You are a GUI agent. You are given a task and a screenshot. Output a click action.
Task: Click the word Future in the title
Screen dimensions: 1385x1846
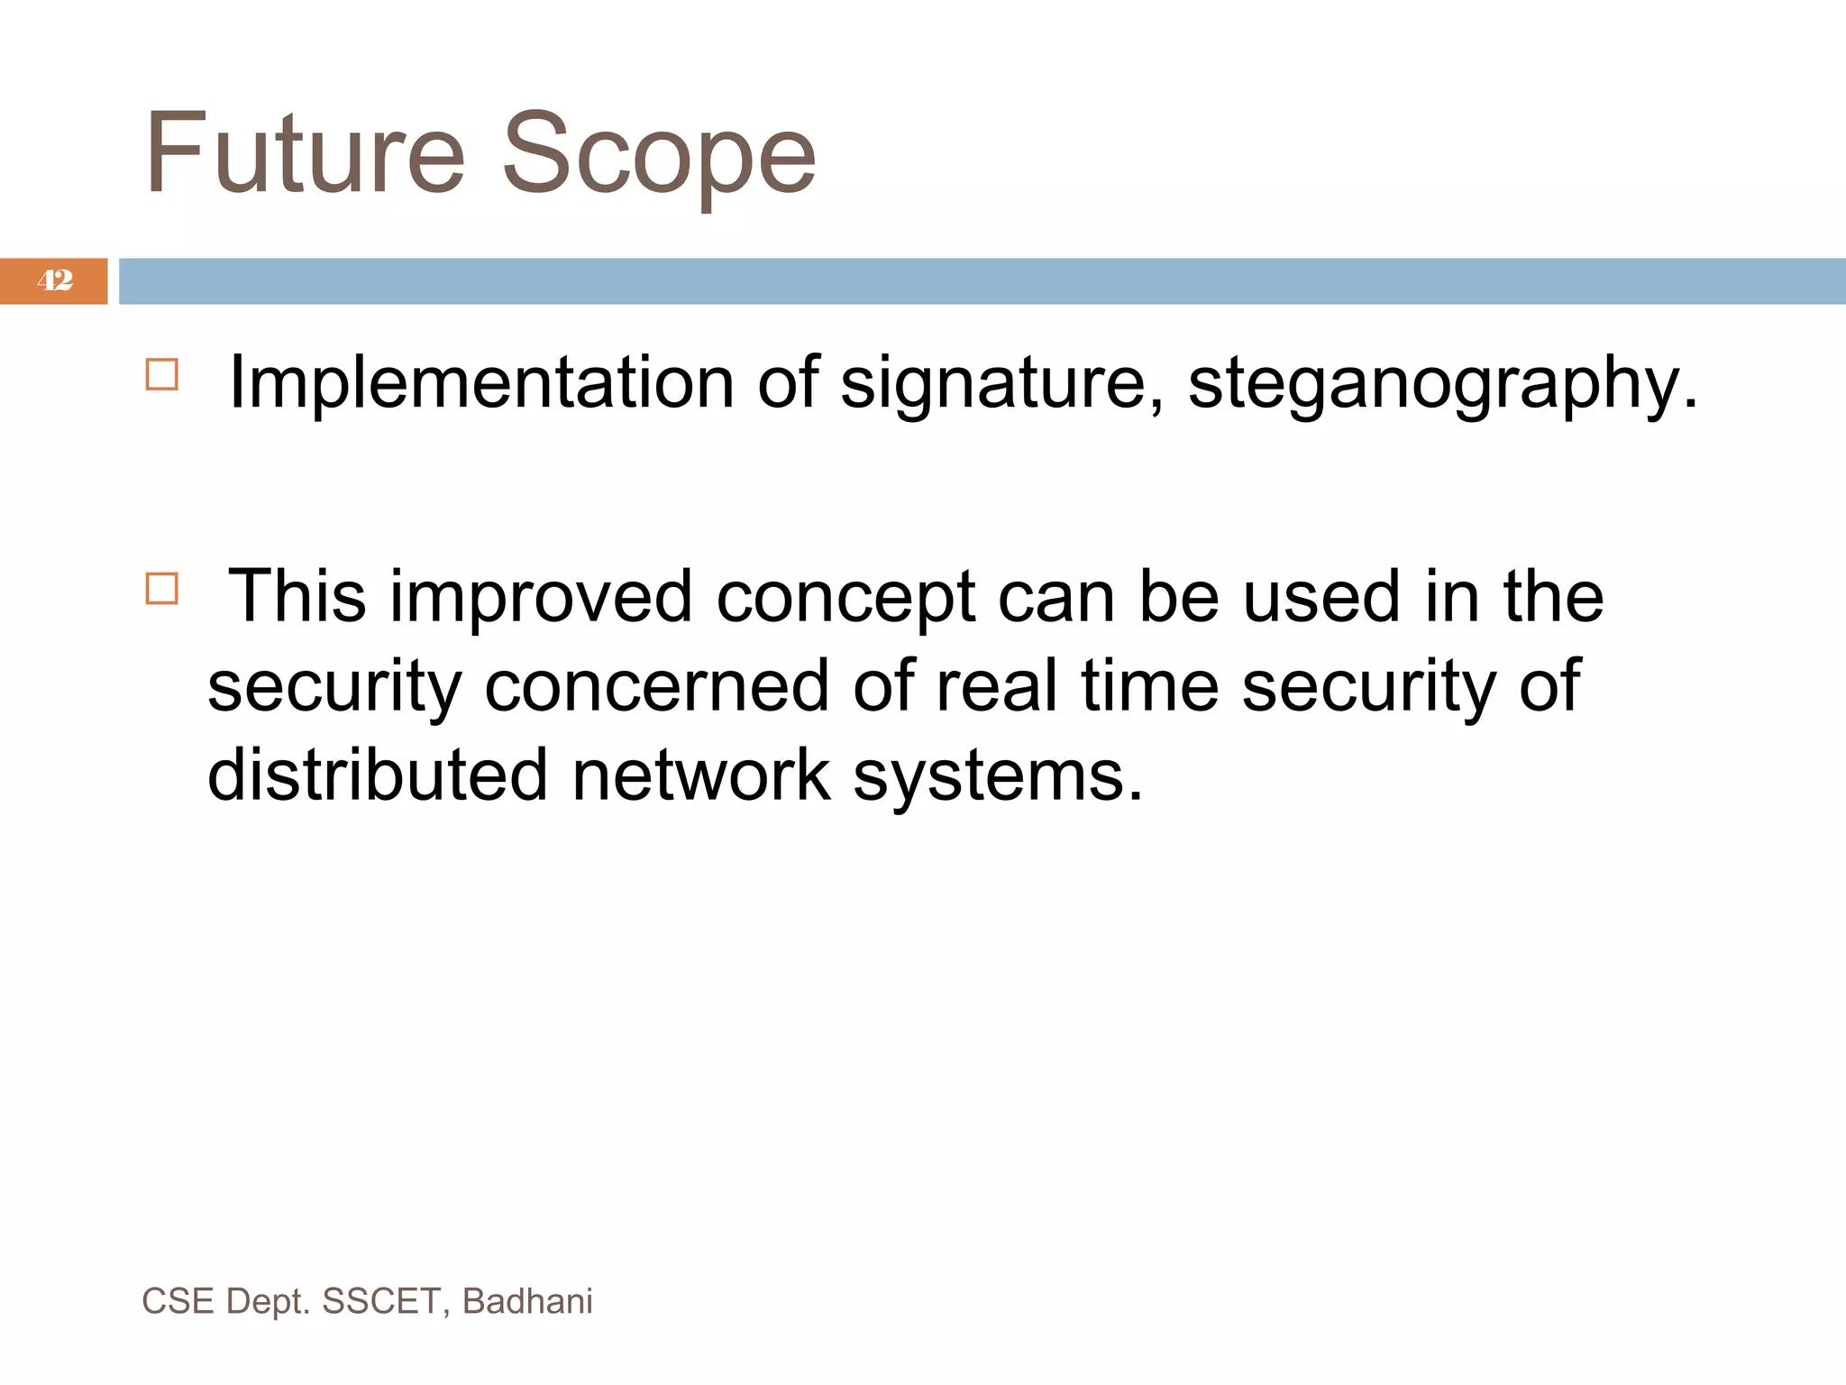(305, 153)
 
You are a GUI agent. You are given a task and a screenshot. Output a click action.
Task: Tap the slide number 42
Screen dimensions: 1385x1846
(54, 280)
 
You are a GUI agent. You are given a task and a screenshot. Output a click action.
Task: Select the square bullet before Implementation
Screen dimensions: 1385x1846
(162, 374)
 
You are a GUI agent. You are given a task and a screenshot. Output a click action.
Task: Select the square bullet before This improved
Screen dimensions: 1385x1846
(162, 589)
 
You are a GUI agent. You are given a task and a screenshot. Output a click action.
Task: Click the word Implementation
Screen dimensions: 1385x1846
(481, 383)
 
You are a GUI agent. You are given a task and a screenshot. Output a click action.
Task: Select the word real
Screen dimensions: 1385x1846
(996, 686)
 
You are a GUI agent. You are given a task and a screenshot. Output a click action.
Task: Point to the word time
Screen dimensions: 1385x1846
(1150, 686)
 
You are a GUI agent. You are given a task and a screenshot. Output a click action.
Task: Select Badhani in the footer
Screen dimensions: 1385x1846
(527, 1301)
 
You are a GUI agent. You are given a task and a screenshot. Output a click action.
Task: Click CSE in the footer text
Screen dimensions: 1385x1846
(178, 1301)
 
